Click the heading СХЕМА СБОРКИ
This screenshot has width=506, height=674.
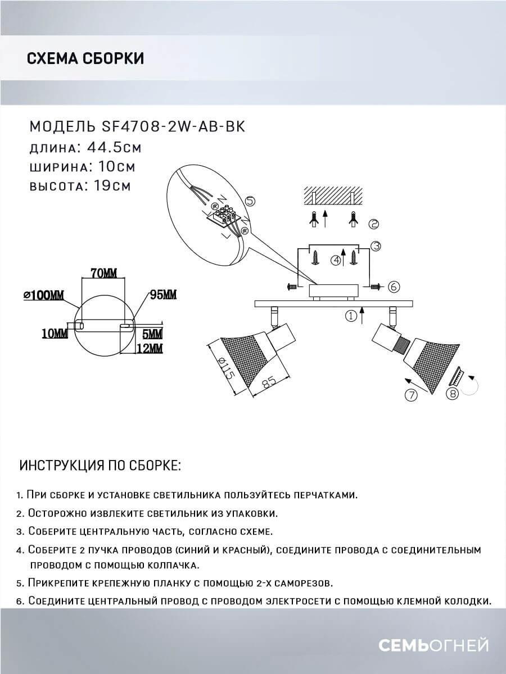pos(85,58)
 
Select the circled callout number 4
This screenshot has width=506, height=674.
pos(336,260)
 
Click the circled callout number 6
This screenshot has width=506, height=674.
pos(394,286)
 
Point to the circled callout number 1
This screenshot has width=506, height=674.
pos(351,316)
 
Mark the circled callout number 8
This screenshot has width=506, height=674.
pos(451,394)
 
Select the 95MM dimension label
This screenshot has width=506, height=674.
pos(163,294)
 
